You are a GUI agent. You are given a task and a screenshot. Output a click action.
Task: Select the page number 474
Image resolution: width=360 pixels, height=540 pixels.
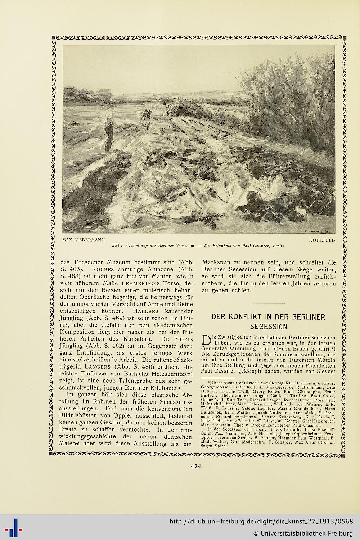(x=195, y=466)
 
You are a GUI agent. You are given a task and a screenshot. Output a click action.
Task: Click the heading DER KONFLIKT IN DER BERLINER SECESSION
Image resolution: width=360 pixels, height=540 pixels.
(x=268, y=321)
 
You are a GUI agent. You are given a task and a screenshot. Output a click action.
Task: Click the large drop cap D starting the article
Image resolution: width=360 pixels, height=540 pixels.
(x=206, y=341)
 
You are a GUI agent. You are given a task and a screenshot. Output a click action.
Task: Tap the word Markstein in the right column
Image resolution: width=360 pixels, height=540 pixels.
(x=215, y=262)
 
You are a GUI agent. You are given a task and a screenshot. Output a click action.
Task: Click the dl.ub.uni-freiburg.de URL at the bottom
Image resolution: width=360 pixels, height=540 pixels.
(x=261, y=521)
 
